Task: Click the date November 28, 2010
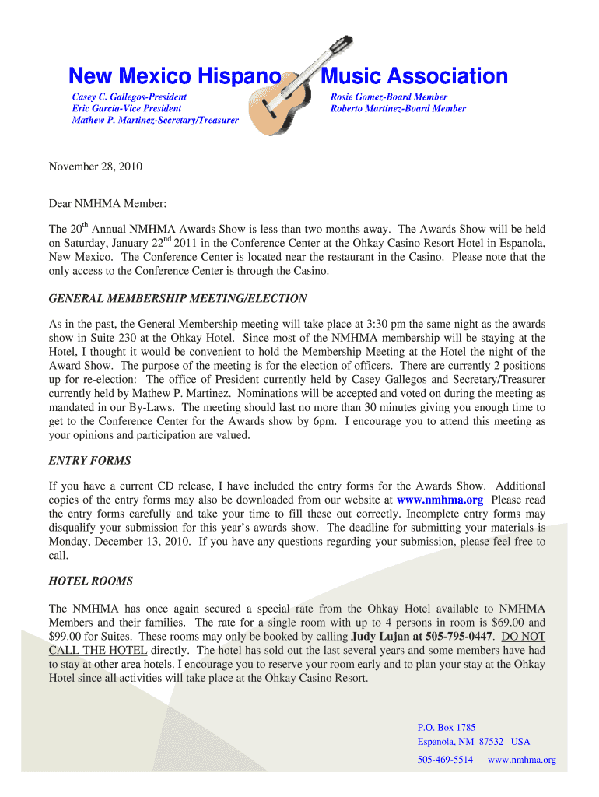click(x=96, y=167)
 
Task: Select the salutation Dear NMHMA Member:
click(x=108, y=203)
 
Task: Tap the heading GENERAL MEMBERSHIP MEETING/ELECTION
click(x=177, y=298)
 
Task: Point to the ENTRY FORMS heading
click(x=89, y=460)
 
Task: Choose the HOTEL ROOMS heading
click(x=91, y=581)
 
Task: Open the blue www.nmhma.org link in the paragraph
click(x=440, y=500)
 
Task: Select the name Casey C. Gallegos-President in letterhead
click(x=129, y=97)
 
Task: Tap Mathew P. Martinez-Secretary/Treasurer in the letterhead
click(x=155, y=121)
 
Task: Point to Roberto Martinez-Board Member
click(x=398, y=108)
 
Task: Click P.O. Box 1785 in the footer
click(x=447, y=727)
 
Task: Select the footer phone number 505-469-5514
click(x=445, y=760)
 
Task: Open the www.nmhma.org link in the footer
click(x=521, y=760)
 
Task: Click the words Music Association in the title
click(x=414, y=76)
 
